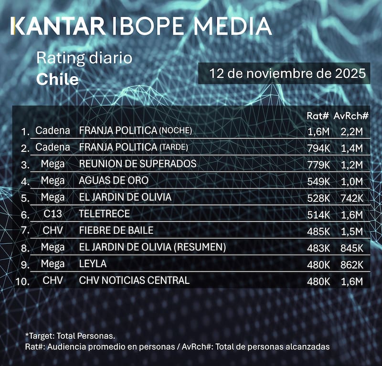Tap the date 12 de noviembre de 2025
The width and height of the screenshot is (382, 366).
coord(284,74)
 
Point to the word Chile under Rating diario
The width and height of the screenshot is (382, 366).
coord(57,79)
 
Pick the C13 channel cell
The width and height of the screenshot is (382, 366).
coord(53,214)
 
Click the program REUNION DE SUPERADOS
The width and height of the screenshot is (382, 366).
coord(138,164)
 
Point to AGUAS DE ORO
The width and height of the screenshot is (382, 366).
coord(114,180)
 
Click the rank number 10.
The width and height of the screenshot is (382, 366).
coord(22,281)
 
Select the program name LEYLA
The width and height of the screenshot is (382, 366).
coord(93,263)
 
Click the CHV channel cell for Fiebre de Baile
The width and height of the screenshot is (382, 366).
coord(53,230)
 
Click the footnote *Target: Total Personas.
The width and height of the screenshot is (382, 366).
coord(70,336)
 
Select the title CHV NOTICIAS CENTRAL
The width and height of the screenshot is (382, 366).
coord(134,280)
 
